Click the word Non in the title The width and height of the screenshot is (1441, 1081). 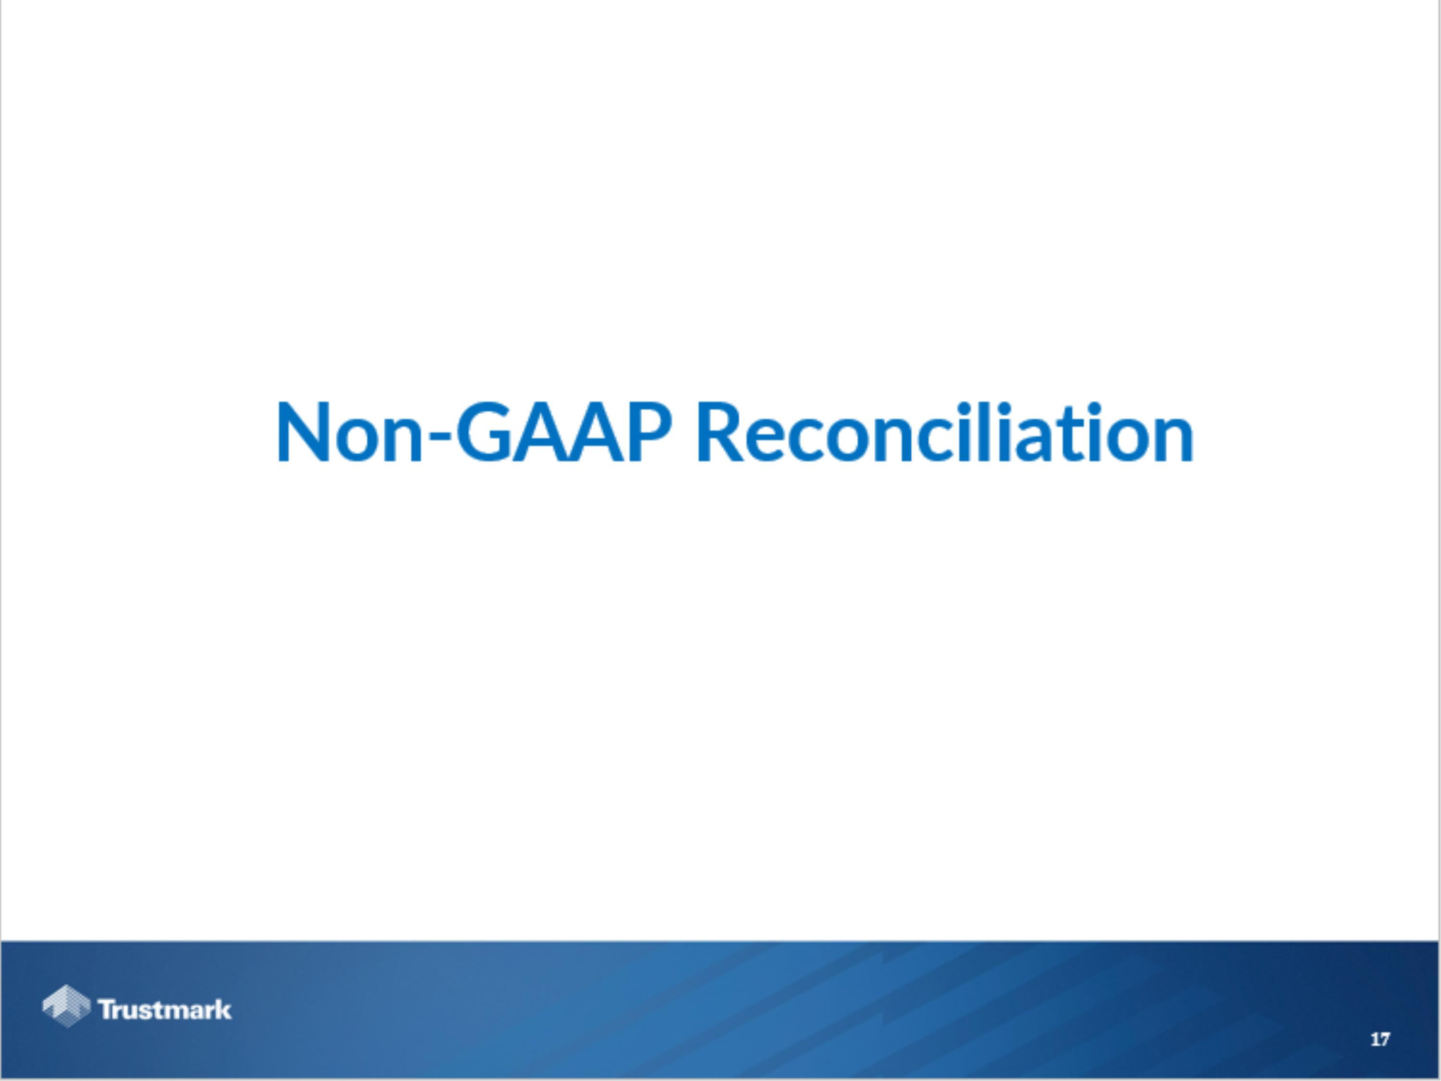pos(349,433)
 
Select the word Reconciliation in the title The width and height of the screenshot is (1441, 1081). pos(945,433)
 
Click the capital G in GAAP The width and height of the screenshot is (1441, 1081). pos(483,432)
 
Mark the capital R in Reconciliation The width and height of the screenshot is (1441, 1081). pos(719,432)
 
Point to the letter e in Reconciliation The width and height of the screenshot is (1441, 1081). pos(766,440)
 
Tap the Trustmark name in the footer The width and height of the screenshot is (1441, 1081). pos(165,1010)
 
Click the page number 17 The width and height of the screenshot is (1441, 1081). pos(1380,1039)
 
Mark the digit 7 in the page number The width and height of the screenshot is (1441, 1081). pos(1384,1039)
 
